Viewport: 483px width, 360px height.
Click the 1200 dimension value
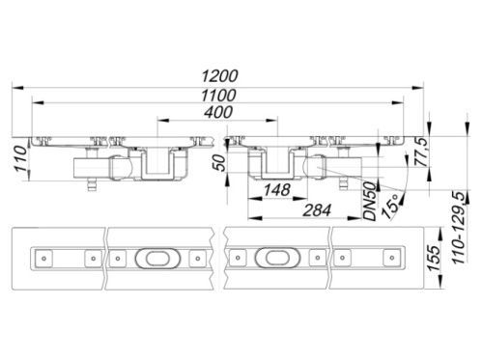tap(219, 76)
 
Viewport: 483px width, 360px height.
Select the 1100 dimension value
tap(218, 96)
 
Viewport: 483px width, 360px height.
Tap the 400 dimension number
tap(218, 112)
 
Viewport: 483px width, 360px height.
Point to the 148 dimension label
tap(277, 190)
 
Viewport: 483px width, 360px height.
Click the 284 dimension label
tap(317, 210)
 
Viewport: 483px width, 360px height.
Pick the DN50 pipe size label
tap(370, 201)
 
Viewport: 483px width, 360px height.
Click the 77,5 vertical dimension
tap(420, 152)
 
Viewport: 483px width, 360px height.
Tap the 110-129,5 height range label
tap(460, 228)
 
